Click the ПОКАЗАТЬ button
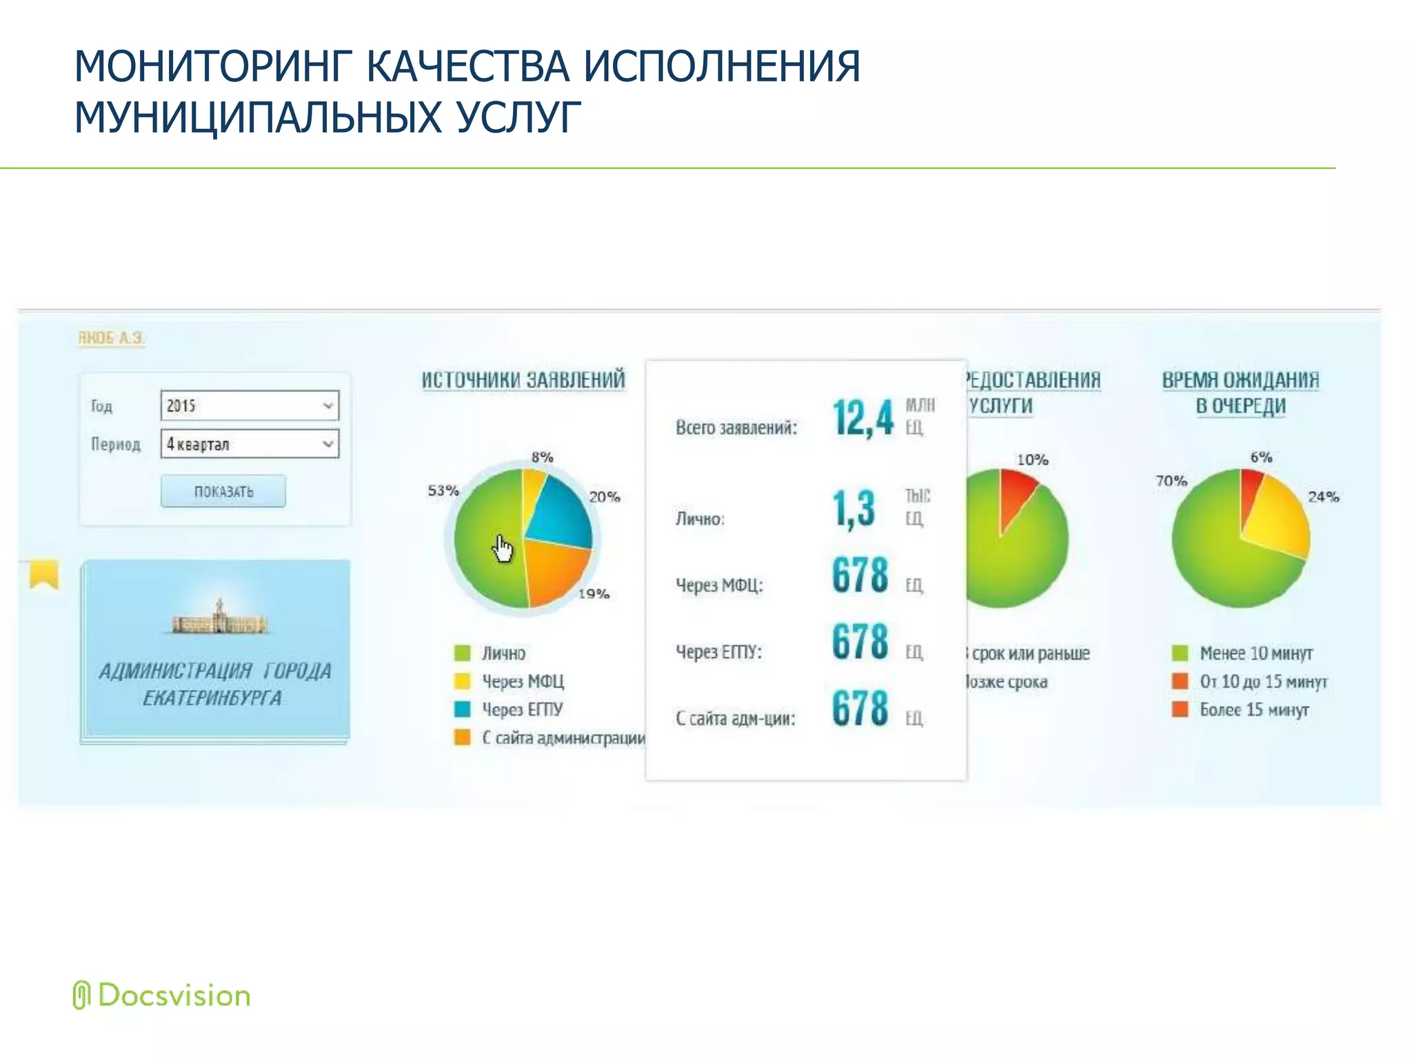click(x=223, y=491)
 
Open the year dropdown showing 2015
click(x=250, y=405)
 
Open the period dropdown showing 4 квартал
click(x=250, y=444)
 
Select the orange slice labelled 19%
click(x=555, y=572)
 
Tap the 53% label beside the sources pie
click(x=443, y=490)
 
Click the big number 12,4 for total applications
click(x=863, y=418)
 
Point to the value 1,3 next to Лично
click(x=854, y=509)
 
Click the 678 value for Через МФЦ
click(x=860, y=575)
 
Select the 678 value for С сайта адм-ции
click(x=860, y=708)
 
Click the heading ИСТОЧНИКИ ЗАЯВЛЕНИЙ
click(x=523, y=380)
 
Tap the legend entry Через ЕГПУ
click(x=522, y=709)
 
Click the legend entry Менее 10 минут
click(x=1255, y=653)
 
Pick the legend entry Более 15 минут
click(x=1253, y=709)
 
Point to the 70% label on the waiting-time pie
click(x=1171, y=481)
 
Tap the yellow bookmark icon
click(x=44, y=574)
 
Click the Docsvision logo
click(x=162, y=996)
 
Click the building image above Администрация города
click(x=219, y=618)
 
